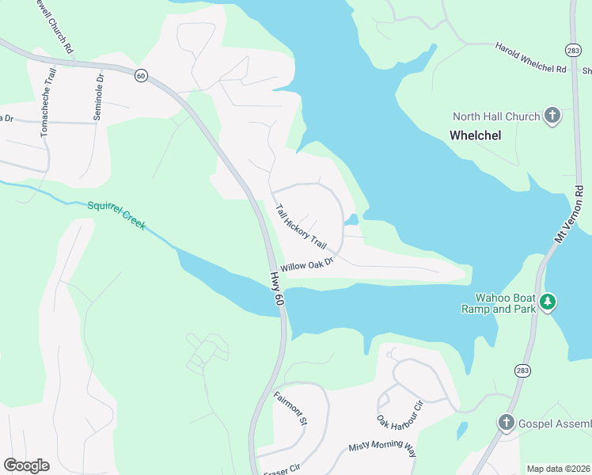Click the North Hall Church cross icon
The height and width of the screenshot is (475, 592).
552,116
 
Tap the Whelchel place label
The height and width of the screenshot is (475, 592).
476,135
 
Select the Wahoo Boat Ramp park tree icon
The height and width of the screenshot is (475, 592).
548,302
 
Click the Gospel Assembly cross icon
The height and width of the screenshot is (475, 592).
507,423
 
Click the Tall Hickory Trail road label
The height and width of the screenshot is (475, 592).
301,226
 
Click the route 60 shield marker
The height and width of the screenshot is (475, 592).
140,75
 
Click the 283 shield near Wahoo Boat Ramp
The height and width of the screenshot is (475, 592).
522,370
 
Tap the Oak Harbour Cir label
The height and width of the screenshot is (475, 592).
400,416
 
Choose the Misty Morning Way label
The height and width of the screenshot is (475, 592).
382,448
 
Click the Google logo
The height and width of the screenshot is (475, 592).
26,465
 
